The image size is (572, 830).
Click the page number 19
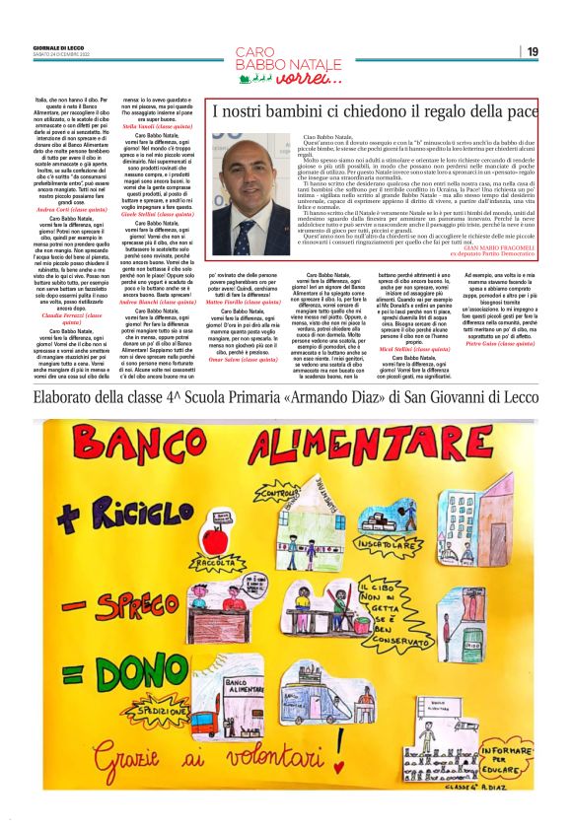[533, 51]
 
